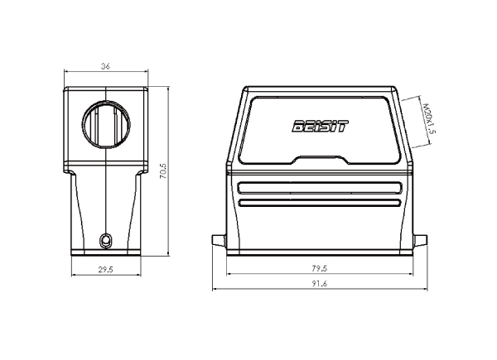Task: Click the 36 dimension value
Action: point(105,66)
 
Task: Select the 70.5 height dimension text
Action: point(163,171)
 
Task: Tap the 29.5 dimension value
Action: point(105,270)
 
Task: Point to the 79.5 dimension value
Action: point(319,268)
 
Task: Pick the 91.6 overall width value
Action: point(319,283)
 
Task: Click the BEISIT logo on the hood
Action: point(320,126)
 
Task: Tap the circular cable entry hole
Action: point(106,124)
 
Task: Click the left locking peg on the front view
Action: point(219,240)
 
